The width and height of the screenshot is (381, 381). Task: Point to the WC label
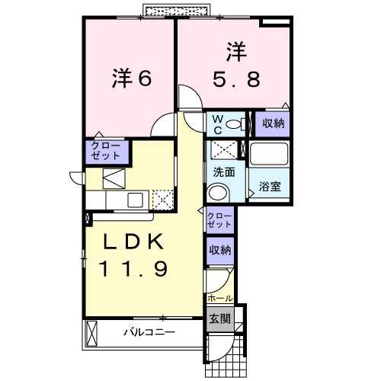coord(216,123)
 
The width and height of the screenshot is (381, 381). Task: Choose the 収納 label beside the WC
coord(272,123)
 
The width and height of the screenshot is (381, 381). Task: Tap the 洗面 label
coord(223,172)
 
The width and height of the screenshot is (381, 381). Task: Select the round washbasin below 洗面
coord(219,192)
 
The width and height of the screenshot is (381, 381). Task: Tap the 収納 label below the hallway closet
coord(219,249)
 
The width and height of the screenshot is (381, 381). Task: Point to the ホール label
coord(218,298)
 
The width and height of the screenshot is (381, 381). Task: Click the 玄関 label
coord(219,319)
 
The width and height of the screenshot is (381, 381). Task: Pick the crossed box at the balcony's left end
coord(93,333)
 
